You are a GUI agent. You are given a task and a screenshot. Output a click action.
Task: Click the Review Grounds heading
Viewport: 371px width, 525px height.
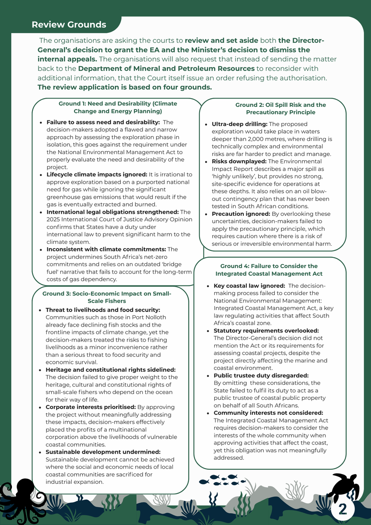[69, 25]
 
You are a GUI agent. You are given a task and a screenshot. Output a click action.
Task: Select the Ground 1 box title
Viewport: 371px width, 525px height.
[118, 107]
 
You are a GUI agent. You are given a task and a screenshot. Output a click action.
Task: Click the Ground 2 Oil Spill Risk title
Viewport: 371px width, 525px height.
[280, 108]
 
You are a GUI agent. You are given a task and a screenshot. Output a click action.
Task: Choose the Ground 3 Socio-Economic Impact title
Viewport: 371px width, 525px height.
[107, 297]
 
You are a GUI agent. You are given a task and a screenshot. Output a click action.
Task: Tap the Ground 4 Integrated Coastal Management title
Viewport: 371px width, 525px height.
[269, 270]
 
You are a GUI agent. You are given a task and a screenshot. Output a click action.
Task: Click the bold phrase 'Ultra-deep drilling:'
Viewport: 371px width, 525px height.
[239, 124]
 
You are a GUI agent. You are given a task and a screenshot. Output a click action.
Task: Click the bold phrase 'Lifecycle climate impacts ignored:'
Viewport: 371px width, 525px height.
[97, 174]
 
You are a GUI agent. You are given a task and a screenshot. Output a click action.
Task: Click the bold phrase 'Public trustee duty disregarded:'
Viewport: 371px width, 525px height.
[261, 375]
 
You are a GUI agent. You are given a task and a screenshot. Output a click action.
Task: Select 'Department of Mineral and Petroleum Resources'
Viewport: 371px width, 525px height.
[166, 69]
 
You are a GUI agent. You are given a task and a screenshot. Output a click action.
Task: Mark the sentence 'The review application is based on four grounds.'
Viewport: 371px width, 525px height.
[125, 87]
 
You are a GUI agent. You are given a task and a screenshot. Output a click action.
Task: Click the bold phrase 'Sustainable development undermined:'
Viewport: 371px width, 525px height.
[103, 451]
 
